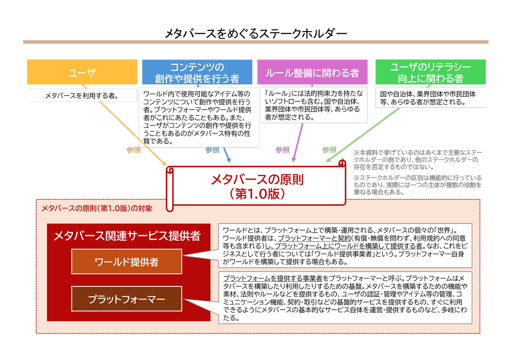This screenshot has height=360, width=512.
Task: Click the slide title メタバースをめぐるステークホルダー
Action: point(256,33)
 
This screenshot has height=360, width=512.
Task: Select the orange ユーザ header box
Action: point(82,72)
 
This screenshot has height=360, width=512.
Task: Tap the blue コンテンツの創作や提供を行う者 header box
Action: point(197,72)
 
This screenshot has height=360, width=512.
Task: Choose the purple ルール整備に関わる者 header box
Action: point(312,73)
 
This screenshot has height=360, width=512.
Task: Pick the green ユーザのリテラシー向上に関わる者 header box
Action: point(430,72)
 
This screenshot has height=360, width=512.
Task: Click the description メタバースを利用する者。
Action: point(82,96)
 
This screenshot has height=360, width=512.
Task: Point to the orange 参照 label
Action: point(133,150)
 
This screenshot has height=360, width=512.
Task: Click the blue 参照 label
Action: point(212,150)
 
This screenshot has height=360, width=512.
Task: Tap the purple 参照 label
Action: point(282,150)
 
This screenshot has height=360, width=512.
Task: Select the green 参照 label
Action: point(329,150)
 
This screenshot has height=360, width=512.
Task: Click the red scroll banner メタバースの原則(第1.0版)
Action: point(257,186)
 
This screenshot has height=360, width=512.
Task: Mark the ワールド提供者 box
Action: point(127,262)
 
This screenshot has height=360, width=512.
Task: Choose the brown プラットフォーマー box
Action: point(127,299)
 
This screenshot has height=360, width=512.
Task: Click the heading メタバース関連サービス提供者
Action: point(127,236)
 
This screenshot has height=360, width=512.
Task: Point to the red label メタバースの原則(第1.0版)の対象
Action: point(97,208)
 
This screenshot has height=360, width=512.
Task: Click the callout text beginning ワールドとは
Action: point(345,246)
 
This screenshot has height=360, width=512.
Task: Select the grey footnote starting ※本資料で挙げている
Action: point(417,160)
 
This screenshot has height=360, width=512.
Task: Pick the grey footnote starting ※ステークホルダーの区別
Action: point(417,185)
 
